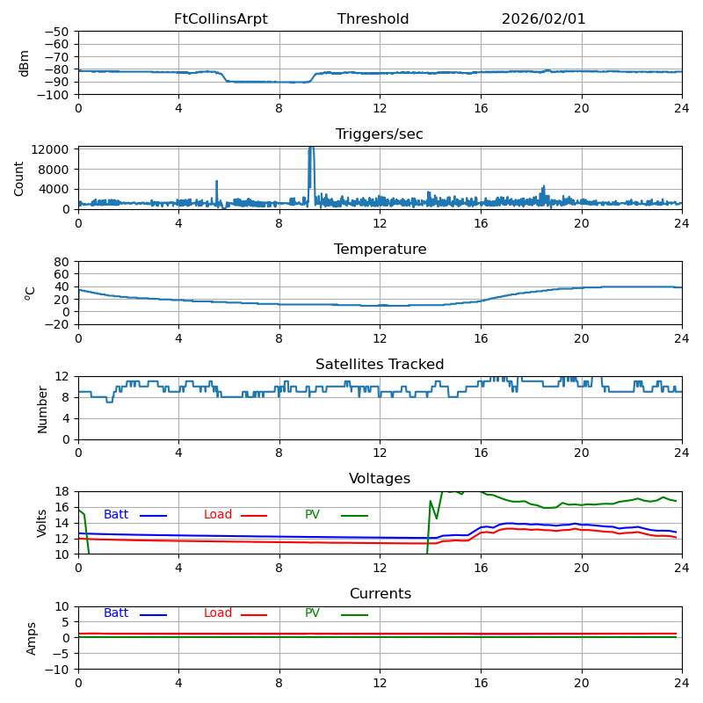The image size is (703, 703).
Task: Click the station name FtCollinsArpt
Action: [x=221, y=19]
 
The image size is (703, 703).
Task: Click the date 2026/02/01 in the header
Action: [x=543, y=19]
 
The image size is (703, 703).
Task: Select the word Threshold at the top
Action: [x=373, y=19]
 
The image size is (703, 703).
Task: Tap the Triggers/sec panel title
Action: [x=380, y=134]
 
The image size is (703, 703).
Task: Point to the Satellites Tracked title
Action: [x=380, y=365]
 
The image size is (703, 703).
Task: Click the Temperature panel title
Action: [x=380, y=250]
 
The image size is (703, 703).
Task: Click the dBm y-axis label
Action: [x=25, y=63]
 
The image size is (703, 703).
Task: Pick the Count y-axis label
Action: [x=19, y=178]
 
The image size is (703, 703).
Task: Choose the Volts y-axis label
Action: [x=42, y=523]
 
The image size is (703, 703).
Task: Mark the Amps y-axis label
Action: [x=32, y=638]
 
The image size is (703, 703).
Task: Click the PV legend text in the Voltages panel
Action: [x=312, y=515]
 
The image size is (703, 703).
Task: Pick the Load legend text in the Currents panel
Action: [x=218, y=613]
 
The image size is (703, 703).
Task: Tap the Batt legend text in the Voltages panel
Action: [x=116, y=515]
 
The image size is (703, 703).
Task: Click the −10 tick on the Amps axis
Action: [x=56, y=670]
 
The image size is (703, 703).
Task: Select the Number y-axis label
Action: [x=42, y=409]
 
